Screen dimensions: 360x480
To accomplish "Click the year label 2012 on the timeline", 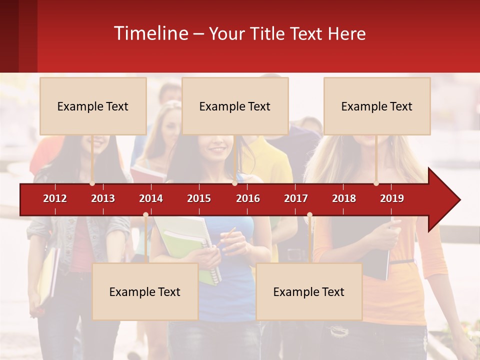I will click(x=55, y=198).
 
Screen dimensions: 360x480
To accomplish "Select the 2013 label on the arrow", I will click(x=103, y=198).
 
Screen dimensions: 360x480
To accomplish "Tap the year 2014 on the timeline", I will click(x=151, y=198).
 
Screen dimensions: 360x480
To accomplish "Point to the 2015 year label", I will click(x=199, y=198).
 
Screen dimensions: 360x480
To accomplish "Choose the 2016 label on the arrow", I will click(x=248, y=198).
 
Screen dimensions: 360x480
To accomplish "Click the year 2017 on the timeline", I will click(x=296, y=198).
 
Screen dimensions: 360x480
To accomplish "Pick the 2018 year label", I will click(x=344, y=198).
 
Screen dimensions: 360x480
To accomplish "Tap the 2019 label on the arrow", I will click(x=392, y=198).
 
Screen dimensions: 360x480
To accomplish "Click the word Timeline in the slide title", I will click(x=150, y=33).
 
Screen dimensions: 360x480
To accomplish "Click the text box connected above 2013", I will click(x=93, y=106).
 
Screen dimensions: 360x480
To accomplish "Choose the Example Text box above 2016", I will click(x=235, y=106).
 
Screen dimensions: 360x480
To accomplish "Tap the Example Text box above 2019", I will click(x=377, y=106).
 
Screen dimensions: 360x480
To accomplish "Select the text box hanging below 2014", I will click(x=145, y=292).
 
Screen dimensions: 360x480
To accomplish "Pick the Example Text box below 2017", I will click(x=309, y=292).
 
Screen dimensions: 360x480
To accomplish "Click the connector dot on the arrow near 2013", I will click(x=92, y=183).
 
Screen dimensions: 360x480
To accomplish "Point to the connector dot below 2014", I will click(x=145, y=215).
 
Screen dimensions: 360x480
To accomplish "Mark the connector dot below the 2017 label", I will click(x=309, y=215).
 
